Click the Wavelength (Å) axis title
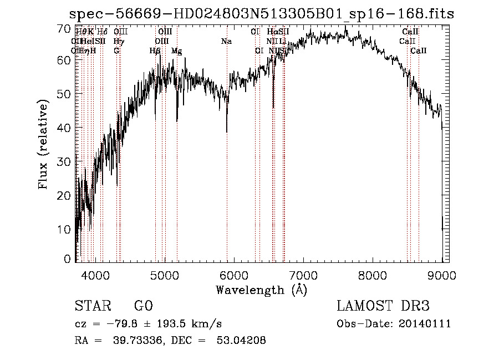tap(261, 290)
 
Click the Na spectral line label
tap(226, 41)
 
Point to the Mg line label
tap(176, 51)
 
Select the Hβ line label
tap(155, 51)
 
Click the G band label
tap(116, 51)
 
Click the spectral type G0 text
tap(143, 307)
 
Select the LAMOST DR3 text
tap(383, 307)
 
